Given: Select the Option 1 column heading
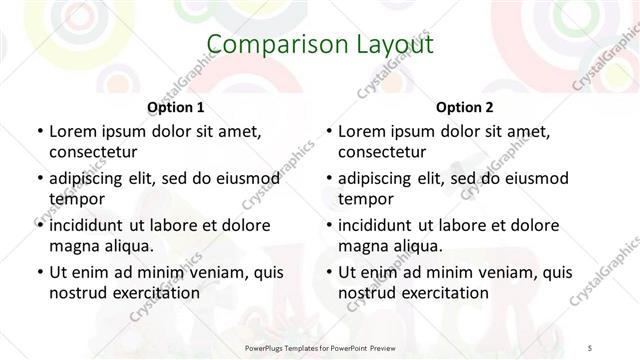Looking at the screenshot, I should point(176,107).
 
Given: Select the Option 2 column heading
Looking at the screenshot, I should point(465,107).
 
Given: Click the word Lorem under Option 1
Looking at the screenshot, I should point(73,131).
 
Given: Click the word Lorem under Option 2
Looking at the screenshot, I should point(362,131).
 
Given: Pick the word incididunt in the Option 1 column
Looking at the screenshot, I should point(90,225).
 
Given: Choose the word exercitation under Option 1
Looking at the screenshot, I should point(152,293).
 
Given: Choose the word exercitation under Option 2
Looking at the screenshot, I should point(441,293).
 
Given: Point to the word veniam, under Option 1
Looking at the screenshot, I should point(208,272).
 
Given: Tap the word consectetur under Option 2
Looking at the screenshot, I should point(382,152).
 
